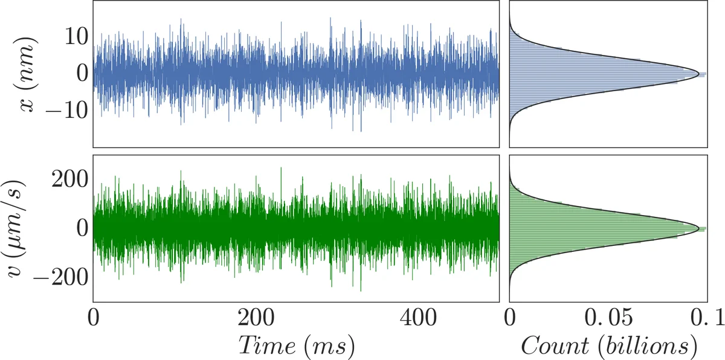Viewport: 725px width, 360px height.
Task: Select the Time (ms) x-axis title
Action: (x=296, y=346)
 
